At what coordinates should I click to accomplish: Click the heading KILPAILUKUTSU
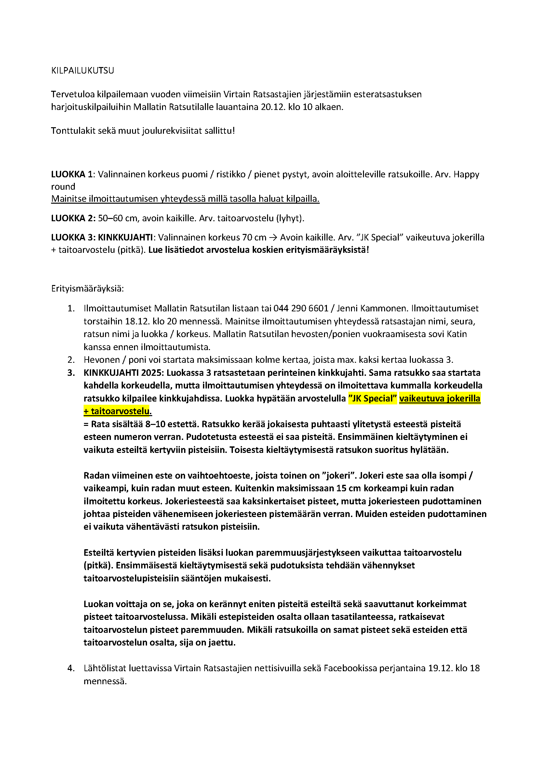tap(83, 71)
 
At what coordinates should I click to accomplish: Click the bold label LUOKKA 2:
tap(73, 218)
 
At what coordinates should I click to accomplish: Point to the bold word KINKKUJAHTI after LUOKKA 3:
tap(125, 238)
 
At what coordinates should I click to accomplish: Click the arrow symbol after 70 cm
tap(273, 238)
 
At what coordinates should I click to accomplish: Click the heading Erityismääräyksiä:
tap(87, 289)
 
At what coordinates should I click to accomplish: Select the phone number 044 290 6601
tap(301, 308)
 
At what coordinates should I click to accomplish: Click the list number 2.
tap(71, 360)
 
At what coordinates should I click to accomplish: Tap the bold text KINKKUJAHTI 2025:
tap(124, 373)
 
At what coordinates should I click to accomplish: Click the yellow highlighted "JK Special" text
tap(372, 399)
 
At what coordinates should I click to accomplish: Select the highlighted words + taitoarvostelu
tap(117, 411)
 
